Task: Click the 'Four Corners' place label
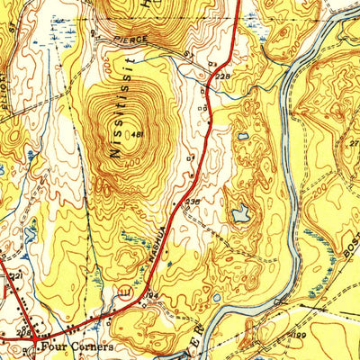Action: (x=76, y=346)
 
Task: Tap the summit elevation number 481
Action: (x=138, y=135)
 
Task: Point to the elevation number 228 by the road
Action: (x=222, y=77)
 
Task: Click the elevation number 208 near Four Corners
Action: (x=22, y=331)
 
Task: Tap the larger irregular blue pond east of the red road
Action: (x=240, y=213)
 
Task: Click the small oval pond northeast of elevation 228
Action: (x=243, y=137)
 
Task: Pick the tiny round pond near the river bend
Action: (x=216, y=298)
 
